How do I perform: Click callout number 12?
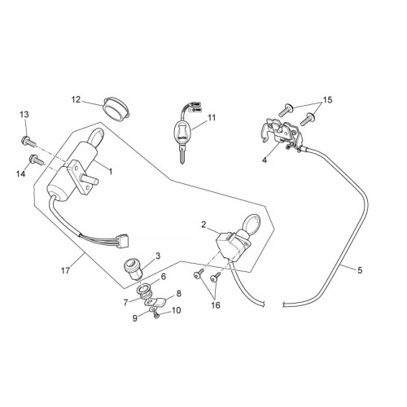click(76, 100)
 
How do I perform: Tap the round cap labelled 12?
click(116, 108)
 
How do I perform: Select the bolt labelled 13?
click(28, 141)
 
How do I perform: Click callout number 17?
click(65, 270)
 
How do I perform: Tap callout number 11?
click(212, 117)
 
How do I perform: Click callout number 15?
click(327, 100)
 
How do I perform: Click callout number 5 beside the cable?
click(360, 270)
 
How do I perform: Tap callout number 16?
click(216, 305)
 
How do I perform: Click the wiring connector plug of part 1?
click(123, 240)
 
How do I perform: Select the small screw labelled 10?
click(156, 315)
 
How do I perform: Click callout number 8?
click(178, 294)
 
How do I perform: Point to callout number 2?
click(203, 225)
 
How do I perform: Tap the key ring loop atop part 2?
click(252, 223)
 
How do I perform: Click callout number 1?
click(111, 172)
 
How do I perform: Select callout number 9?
click(135, 318)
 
